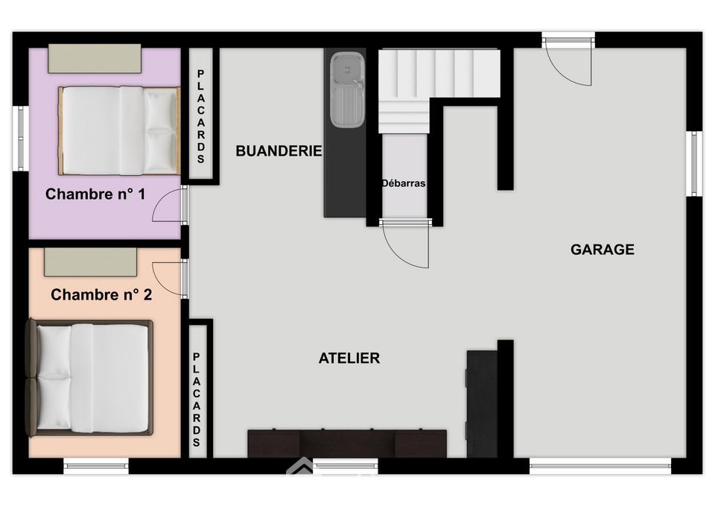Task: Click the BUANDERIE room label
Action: [279, 151]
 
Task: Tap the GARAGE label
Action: [603, 249]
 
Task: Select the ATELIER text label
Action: [349, 358]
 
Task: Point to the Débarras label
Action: [404, 183]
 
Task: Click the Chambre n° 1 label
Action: [95, 194]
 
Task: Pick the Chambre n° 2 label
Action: [101, 295]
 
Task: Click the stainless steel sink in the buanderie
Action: [348, 90]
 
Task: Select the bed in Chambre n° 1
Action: [119, 130]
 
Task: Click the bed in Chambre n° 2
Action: [89, 378]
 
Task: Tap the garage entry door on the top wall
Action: [568, 60]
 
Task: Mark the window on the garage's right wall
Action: [694, 164]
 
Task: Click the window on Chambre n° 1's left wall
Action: [20, 139]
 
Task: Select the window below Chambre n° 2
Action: [96, 466]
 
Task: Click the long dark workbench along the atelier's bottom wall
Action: [347, 443]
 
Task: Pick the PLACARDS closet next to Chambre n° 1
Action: [200, 114]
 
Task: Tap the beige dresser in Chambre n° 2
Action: [90, 262]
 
